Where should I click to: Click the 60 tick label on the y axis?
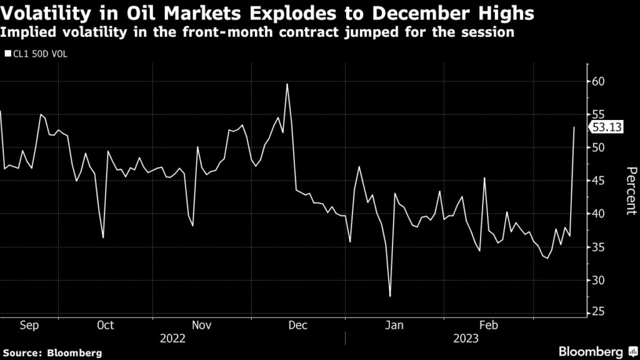click(x=599, y=81)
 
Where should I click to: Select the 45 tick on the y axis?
click(x=599, y=181)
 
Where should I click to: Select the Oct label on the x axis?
click(x=106, y=325)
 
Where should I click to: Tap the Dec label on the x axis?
click(x=297, y=325)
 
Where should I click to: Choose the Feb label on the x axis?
click(x=487, y=325)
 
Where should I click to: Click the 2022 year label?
click(x=172, y=339)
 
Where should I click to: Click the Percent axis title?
click(x=631, y=191)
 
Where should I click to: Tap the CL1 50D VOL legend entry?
click(x=39, y=54)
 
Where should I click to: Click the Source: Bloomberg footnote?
click(x=51, y=353)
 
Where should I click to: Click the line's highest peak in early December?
click(x=287, y=84)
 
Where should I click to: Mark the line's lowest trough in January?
click(x=390, y=296)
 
